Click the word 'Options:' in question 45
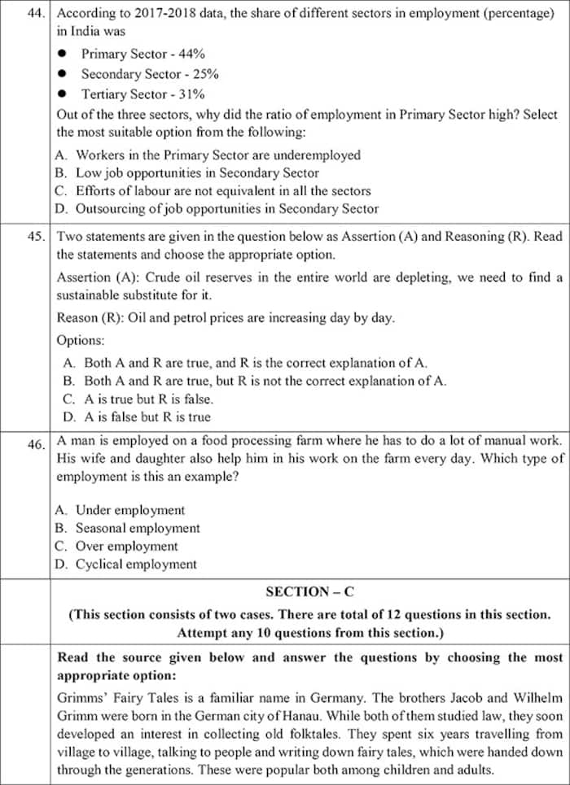click(x=81, y=340)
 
